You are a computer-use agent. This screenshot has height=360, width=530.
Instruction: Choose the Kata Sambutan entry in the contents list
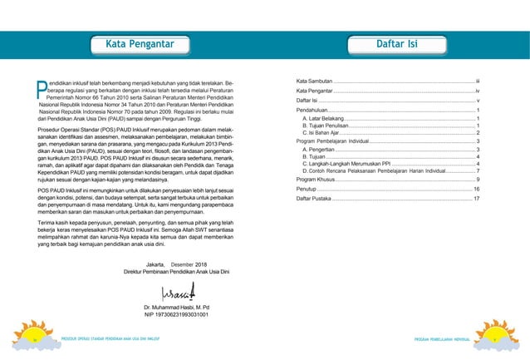point(315,81)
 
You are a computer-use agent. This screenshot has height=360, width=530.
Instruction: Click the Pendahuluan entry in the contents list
point(317,111)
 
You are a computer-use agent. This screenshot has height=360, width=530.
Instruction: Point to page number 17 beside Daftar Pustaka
point(476,200)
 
